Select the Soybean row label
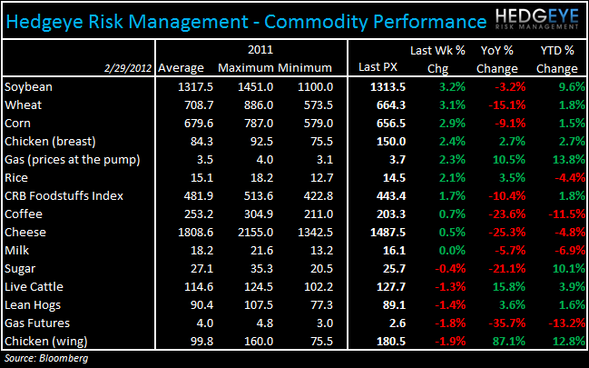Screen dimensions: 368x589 pos(28,87)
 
